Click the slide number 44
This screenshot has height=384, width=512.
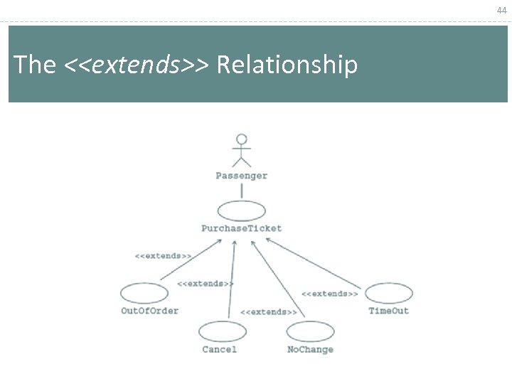[x=502, y=10]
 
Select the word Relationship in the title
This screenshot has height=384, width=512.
[x=287, y=65]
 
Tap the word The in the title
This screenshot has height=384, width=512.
[x=35, y=65]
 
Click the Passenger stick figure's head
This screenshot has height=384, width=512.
[x=242, y=139]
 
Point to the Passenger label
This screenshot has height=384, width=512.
[x=242, y=176]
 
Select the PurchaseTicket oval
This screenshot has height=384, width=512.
[x=241, y=211]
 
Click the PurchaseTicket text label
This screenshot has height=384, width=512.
[x=242, y=228]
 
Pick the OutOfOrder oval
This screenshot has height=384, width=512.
[x=144, y=293]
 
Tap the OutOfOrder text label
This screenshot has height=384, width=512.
[x=149, y=311]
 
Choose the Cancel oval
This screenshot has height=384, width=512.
[x=223, y=331]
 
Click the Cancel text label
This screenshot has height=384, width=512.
[x=219, y=349]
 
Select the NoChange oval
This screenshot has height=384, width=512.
[x=311, y=331]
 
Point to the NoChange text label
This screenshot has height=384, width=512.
[x=310, y=349]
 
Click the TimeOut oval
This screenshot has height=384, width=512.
[x=389, y=293]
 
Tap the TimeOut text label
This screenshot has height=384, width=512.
[x=389, y=311]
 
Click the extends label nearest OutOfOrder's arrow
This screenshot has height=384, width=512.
[x=163, y=255]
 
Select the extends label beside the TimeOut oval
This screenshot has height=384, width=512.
[x=329, y=294]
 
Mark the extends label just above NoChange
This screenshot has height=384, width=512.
[x=268, y=312]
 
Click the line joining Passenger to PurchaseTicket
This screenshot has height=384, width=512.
[x=242, y=191]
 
